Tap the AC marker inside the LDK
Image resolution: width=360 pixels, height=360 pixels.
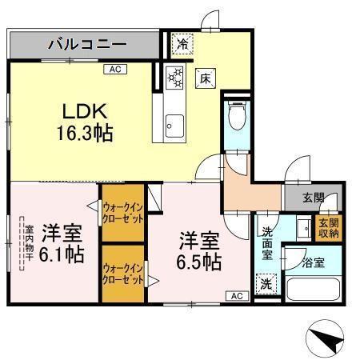115,70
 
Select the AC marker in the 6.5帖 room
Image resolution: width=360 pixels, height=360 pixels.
237,296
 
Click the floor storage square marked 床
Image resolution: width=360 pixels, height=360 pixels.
205,78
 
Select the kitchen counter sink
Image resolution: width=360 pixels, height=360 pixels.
174,125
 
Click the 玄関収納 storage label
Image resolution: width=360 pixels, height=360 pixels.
329,227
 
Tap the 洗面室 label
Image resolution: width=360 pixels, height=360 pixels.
266,242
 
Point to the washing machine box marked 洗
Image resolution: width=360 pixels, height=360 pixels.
266,282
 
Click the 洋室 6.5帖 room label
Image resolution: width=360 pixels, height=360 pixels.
199,250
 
